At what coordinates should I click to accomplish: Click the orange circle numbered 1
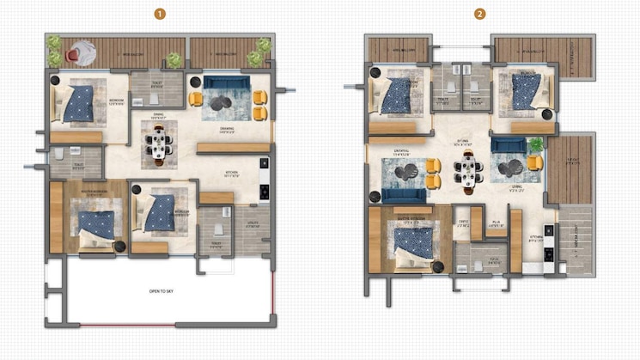click(x=159, y=14)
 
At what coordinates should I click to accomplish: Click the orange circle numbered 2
click(x=479, y=14)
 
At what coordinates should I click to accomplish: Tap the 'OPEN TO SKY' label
click(x=162, y=291)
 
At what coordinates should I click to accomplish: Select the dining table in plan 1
click(x=160, y=143)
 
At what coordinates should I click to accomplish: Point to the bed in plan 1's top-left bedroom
click(x=77, y=103)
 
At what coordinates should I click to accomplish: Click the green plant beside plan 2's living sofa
click(x=537, y=144)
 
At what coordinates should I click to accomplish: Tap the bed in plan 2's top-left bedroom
click(x=396, y=95)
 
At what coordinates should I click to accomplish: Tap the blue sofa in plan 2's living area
click(x=509, y=145)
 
